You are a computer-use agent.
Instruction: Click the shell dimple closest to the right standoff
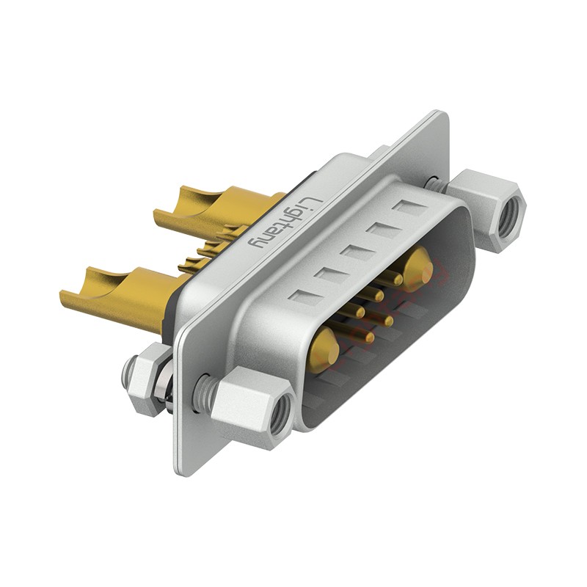coord(411,208)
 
